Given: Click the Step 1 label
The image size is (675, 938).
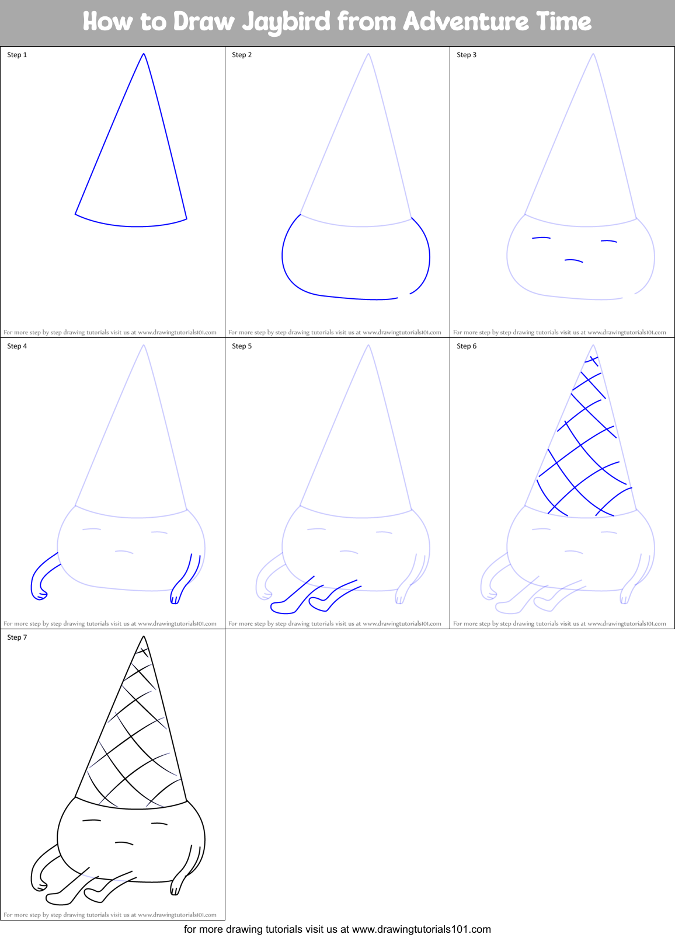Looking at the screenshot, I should point(17,55).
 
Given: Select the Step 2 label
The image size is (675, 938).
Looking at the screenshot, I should point(242,55).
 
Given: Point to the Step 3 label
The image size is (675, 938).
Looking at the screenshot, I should point(467,55).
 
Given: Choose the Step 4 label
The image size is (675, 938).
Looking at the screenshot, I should point(17,346).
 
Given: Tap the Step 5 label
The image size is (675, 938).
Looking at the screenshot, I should point(242,346).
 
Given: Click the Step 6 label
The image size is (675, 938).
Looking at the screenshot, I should point(467,346).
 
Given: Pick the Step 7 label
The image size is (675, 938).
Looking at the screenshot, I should point(17,637).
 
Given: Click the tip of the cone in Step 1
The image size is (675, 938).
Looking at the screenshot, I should point(144,54).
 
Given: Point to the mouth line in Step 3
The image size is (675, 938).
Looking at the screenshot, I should point(573,260).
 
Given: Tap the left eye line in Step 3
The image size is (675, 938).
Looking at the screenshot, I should point(541,238).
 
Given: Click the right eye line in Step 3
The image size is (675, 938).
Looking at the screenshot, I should point(609,241).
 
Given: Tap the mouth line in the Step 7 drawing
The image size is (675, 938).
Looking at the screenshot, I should point(124,843).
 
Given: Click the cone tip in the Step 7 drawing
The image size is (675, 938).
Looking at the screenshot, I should point(144,637).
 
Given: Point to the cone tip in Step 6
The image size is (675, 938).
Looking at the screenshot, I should point(593,346).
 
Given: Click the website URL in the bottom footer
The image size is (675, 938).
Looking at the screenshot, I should point(421,929).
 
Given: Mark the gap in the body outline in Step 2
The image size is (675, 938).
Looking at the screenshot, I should point(404,296).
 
